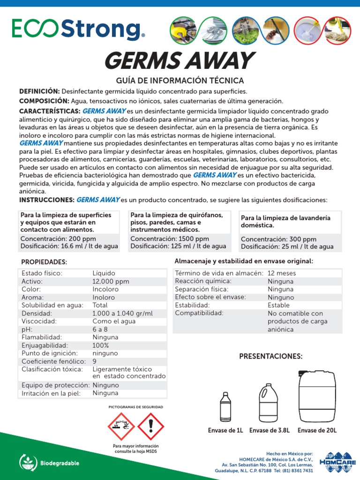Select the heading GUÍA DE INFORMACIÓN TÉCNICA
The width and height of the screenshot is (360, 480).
180,81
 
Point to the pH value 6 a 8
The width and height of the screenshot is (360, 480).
100,329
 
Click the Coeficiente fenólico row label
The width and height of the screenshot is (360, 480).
53,361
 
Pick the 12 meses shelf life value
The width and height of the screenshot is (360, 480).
282,273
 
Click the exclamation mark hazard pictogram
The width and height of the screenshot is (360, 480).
151,427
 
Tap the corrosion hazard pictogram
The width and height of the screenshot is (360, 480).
121,427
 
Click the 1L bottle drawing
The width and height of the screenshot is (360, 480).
225,406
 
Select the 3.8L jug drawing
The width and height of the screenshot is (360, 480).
268,403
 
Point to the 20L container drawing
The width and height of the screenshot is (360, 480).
317,396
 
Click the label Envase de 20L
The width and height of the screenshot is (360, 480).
317,430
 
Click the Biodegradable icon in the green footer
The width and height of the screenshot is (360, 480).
28,463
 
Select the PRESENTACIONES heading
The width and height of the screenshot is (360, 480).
271,356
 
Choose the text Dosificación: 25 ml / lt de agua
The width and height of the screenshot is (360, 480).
287,247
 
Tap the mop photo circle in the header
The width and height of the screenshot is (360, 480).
337,30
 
